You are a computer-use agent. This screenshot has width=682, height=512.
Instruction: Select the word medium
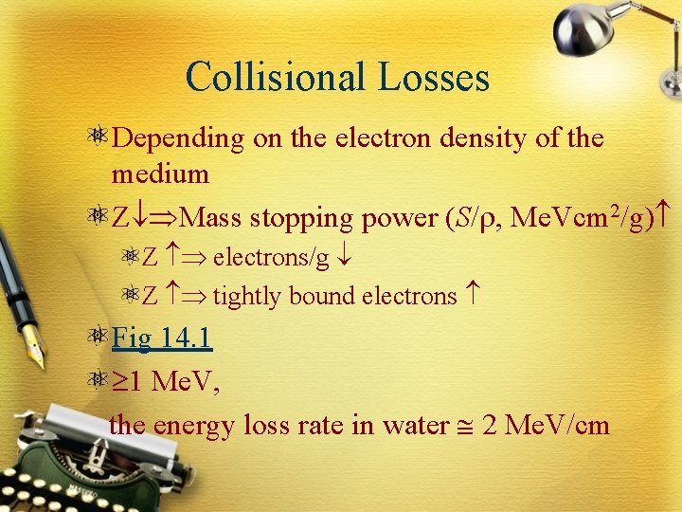[x=159, y=174]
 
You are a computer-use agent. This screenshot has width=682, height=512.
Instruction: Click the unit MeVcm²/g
[x=588, y=218]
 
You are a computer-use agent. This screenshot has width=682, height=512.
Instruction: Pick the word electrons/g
[x=271, y=257]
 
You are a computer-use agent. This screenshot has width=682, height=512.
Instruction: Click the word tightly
[x=247, y=297]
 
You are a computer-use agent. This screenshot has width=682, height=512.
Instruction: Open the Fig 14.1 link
[x=161, y=337]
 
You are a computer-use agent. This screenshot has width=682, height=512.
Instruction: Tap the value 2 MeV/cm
[x=546, y=426]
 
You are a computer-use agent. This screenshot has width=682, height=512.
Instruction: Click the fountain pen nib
[x=35, y=352]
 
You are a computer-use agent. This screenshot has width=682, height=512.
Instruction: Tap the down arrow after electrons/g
[x=347, y=257]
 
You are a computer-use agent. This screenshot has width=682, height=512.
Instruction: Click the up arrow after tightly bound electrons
[x=473, y=297]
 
